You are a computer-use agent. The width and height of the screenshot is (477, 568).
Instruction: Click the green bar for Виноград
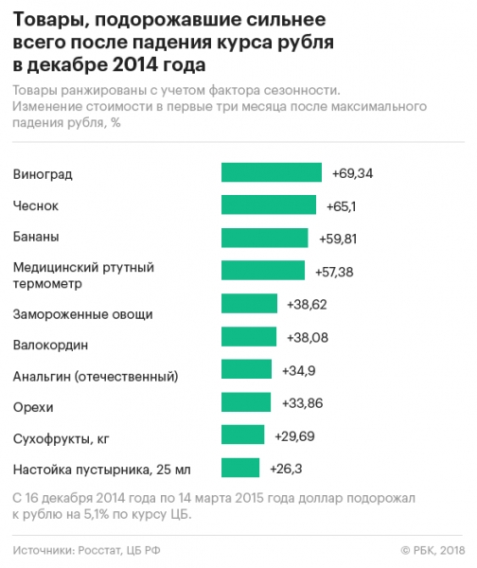[x=274, y=172]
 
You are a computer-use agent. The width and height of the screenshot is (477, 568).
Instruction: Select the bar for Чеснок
[x=268, y=204]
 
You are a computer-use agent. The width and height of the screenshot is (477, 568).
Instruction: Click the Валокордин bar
[x=248, y=337]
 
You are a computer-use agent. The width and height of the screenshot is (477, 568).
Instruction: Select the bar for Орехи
[x=245, y=402]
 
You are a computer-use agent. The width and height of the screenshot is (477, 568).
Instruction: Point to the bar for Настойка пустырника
[x=239, y=468]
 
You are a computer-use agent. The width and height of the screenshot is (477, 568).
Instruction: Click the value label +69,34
[x=353, y=173]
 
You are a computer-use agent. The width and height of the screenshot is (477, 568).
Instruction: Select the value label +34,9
[x=301, y=370]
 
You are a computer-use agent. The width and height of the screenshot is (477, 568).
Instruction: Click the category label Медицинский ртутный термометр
[x=83, y=275]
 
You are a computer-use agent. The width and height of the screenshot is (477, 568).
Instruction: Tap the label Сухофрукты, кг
[x=61, y=439]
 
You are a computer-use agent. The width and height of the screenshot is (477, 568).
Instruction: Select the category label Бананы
[x=37, y=237]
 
